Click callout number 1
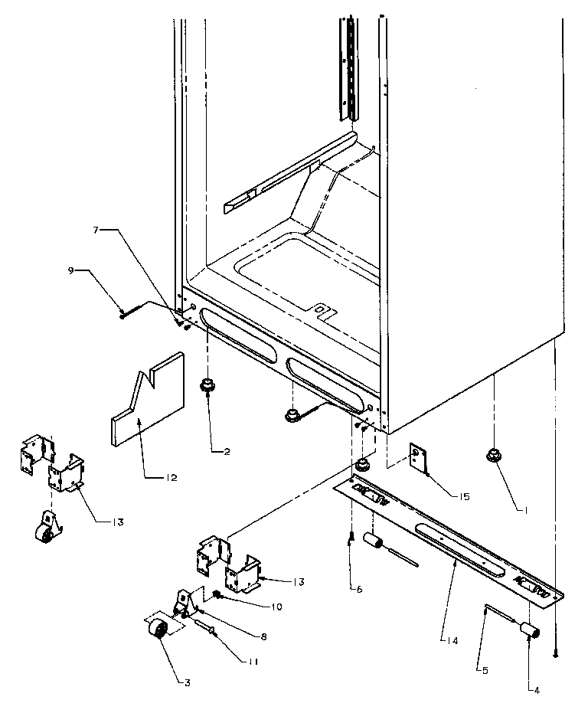point(524,507)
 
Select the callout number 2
point(227,452)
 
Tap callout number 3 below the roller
point(186,681)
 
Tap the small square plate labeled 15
point(418,458)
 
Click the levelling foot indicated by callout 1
point(492,457)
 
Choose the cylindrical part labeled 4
point(528,631)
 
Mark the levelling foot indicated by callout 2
point(206,386)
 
